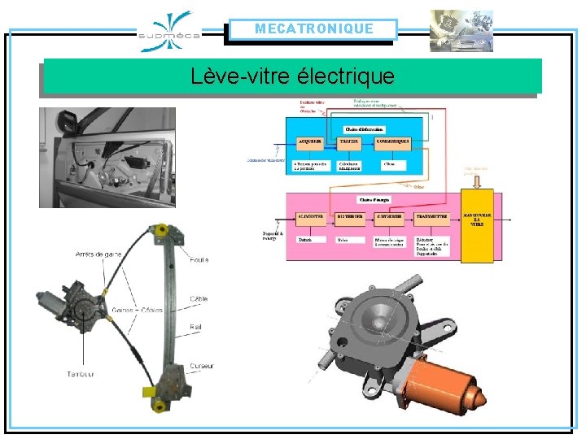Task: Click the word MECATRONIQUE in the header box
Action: (313, 29)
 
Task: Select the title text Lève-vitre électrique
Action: (292, 77)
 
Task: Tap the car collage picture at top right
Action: (461, 31)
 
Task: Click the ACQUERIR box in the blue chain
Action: (310, 141)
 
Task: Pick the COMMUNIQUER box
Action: (394, 141)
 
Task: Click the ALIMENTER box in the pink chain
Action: (310, 217)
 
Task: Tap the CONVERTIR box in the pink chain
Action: (391, 217)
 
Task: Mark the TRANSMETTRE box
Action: (432, 217)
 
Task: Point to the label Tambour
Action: (81, 374)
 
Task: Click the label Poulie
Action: (199, 259)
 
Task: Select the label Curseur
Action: (203, 366)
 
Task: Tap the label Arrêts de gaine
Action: (98, 254)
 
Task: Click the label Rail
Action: (198, 327)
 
